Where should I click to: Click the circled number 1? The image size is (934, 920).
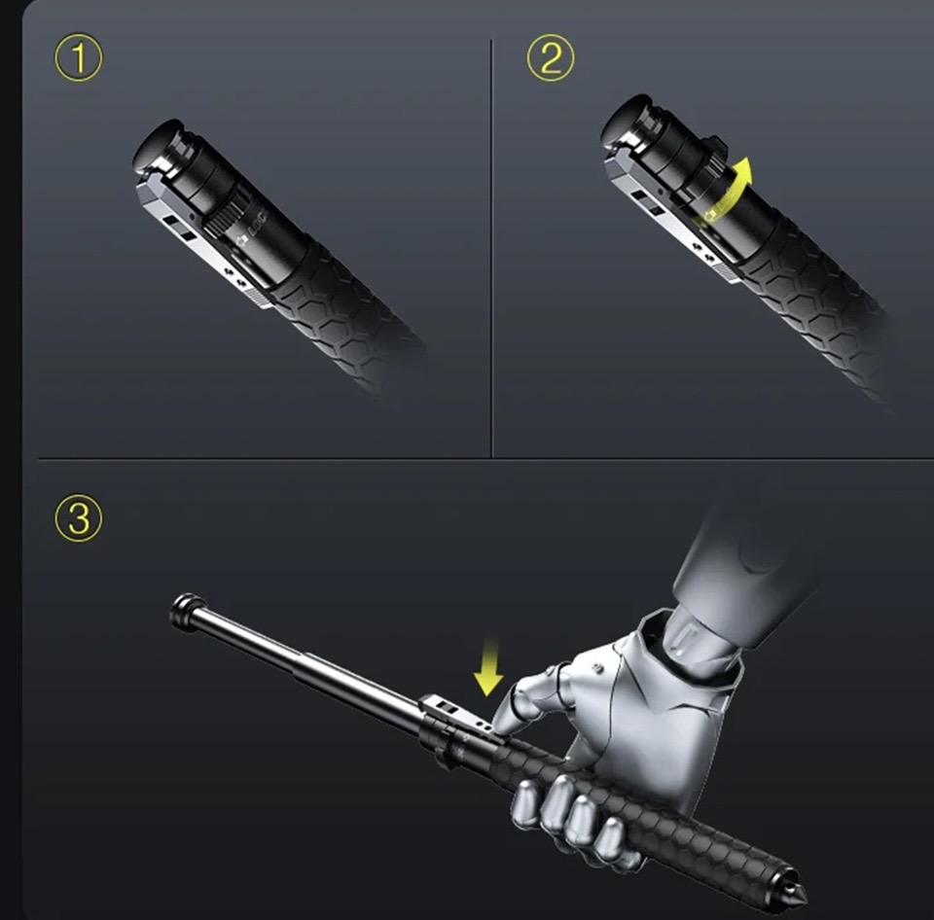[79, 57]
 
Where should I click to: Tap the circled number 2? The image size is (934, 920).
[551, 57]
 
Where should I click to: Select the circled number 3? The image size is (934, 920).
[79, 517]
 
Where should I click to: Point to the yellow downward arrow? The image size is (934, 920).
[487, 666]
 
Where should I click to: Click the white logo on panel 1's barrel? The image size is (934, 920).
[254, 231]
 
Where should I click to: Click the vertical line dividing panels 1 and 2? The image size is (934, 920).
[491, 249]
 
